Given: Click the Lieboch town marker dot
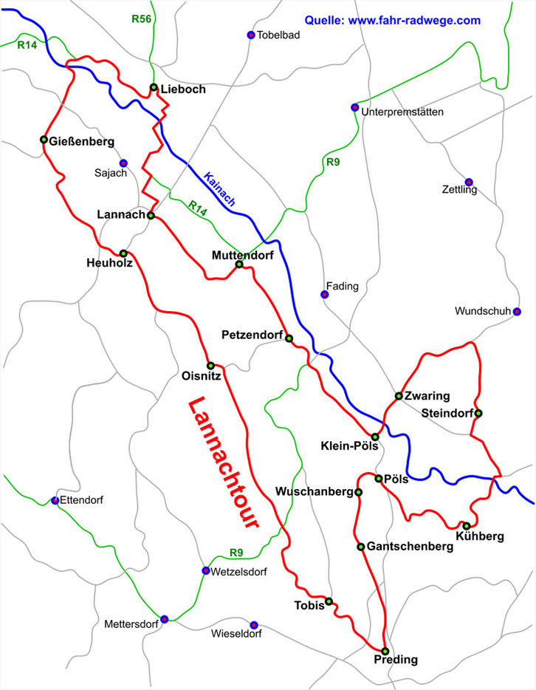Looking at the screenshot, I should (154, 88).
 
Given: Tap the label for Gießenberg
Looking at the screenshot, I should (83, 140).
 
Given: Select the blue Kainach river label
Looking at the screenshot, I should (219, 190).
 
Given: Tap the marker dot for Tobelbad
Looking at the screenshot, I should (250, 35).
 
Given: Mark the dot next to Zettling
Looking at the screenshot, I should (468, 182).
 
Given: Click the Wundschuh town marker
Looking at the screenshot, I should (517, 311).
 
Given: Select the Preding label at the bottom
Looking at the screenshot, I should (396, 659).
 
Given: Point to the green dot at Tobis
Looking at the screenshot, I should (329, 601).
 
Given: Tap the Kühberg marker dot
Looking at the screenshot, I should (466, 525).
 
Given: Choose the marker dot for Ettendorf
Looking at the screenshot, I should (55, 500).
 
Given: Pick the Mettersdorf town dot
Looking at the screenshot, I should (165, 619).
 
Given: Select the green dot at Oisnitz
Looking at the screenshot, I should (210, 365).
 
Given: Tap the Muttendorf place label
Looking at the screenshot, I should (242, 254).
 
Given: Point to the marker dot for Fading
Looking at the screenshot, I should (323, 295).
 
